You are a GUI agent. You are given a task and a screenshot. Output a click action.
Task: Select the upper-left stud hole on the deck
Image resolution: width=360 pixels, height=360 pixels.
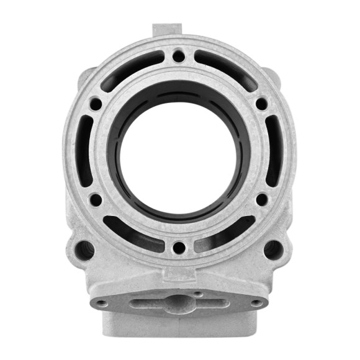[x=97, y=104]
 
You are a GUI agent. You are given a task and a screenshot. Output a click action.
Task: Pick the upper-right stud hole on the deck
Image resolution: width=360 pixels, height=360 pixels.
[x=261, y=104]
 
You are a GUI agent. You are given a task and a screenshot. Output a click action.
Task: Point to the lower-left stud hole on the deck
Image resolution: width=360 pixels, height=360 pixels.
[x=97, y=200]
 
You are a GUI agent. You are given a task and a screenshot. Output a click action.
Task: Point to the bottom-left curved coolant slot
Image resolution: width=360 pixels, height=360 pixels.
[x=133, y=233]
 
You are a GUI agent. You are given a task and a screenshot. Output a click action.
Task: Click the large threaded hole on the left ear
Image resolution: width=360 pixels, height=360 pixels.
[x=85, y=250]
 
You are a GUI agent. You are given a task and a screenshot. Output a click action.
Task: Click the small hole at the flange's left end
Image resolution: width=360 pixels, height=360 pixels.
[x=101, y=304]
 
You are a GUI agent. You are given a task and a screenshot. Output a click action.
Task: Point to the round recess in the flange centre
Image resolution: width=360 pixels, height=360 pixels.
[x=179, y=302]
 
